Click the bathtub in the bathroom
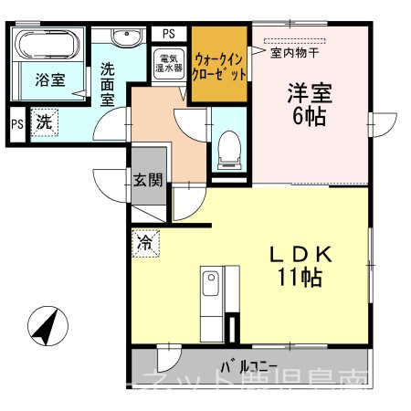pos(50,45)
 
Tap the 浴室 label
pos(49,80)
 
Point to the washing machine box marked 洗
pos(43,121)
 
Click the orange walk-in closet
pos(220,65)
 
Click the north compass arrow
pos(47,327)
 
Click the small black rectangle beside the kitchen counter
pos(236,327)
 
